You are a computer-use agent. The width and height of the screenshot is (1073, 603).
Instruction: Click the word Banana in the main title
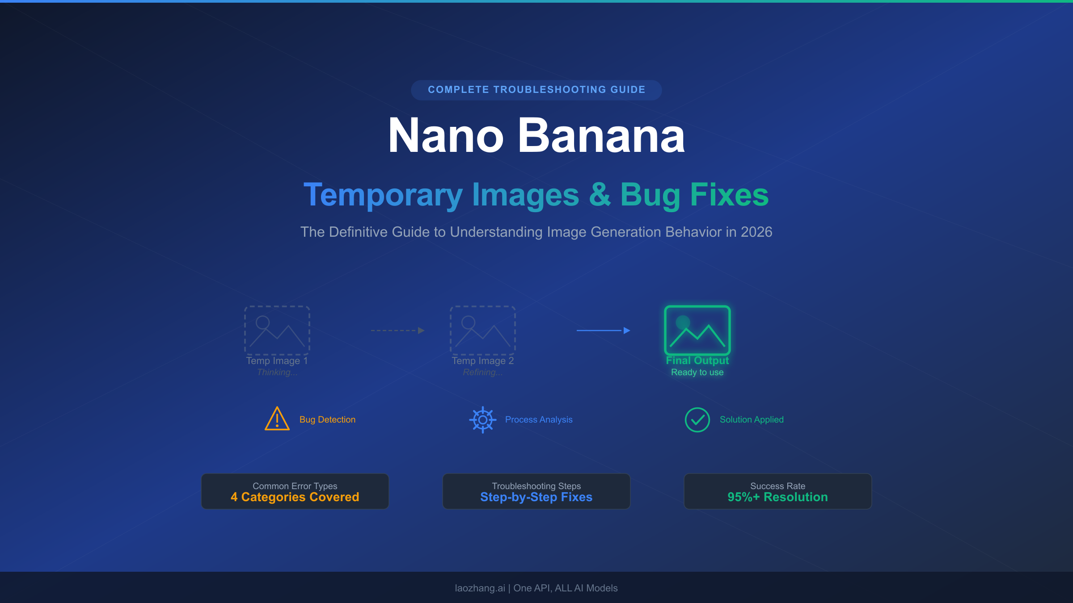[601, 136]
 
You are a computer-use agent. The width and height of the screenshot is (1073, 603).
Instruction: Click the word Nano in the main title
[446, 136]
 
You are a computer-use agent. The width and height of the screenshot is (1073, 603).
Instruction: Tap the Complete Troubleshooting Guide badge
[536, 90]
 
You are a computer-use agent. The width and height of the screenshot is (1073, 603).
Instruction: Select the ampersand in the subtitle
[600, 195]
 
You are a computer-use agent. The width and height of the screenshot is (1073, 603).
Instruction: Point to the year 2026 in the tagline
[756, 232]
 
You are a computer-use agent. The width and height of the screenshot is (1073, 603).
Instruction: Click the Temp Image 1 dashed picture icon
[277, 331]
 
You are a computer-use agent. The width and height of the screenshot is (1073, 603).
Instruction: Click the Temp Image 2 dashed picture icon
[482, 331]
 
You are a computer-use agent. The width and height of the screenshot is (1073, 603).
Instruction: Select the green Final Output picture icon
[697, 331]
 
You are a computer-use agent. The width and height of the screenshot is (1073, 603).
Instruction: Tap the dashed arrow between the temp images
[397, 331]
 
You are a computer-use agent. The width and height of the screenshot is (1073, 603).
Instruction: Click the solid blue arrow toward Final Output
[603, 331]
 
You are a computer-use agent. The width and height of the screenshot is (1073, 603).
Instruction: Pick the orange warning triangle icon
[277, 419]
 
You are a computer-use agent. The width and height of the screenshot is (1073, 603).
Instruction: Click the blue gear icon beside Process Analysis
[483, 419]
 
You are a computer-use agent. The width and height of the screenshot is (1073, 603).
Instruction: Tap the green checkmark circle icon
[697, 419]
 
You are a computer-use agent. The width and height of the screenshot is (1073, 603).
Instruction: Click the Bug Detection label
[327, 419]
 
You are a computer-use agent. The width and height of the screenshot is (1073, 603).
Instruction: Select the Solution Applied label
[752, 419]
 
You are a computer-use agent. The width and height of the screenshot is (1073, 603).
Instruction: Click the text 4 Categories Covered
[295, 497]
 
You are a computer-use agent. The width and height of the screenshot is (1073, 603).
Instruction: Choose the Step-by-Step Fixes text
[536, 497]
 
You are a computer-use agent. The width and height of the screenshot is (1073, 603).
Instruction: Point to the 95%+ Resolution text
[777, 497]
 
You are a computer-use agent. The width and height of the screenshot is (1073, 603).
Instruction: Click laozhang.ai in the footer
[480, 588]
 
